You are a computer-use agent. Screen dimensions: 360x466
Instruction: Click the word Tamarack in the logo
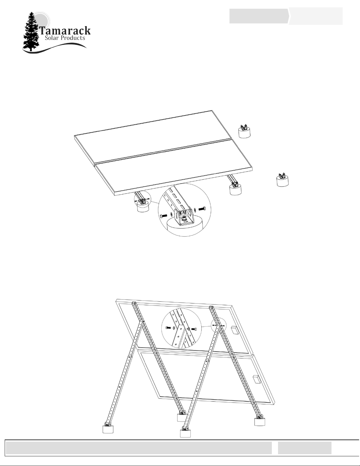click(x=65, y=31)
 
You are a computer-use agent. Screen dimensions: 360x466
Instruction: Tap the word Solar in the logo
click(x=52, y=38)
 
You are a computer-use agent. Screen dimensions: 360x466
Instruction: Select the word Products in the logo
click(x=73, y=38)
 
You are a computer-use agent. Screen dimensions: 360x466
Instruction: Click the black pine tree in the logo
click(x=31, y=32)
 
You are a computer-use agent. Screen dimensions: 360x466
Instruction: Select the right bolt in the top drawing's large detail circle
click(x=202, y=209)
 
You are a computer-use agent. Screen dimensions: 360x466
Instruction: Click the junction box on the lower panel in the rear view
click(x=256, y=379)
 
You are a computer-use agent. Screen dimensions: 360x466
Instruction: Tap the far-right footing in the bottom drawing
click(x=260, y=421)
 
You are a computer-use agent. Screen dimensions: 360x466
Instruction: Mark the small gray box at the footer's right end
click(x=304, y=448)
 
